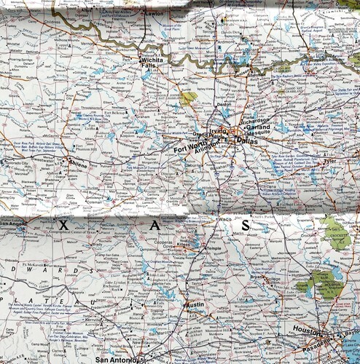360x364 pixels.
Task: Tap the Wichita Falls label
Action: tap(151, 63)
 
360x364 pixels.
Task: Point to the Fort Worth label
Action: tap(191, 150)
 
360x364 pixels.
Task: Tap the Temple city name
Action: tap(212, 248)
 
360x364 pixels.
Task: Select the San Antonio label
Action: tap(117, 359)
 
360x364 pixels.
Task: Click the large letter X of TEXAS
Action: tap(63, 226)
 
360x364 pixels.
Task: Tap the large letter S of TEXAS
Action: tap(246, 226)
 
